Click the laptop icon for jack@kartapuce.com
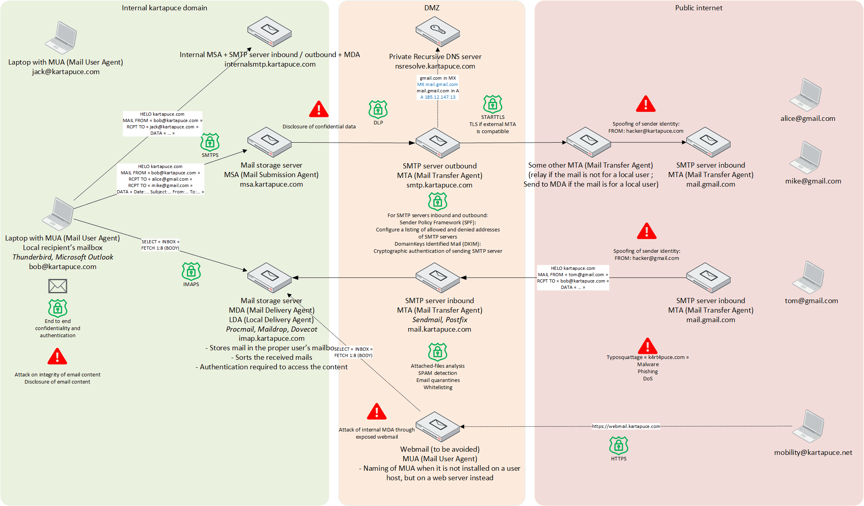coord(61,38)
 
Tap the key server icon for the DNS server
coord(437,31)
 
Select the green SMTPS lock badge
coord(210,142)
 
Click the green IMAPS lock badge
coord(191,271)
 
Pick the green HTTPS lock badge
coord(619,446)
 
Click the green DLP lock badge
coord(378,109)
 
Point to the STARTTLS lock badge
coord(493,104)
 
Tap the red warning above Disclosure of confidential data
coord(319,109)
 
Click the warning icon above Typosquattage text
coord(648,346)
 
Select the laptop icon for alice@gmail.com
coord(806,95)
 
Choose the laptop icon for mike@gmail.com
coord(806,158)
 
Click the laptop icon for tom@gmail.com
coord(808,277)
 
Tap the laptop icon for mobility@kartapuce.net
coord(808,426)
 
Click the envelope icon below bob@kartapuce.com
coord(58,286)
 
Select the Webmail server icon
coord(437,426)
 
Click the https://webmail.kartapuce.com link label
coord(626,426)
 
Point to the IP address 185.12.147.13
coord(440,97)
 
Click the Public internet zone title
coord(699,8)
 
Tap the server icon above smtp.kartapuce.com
coord(437,143)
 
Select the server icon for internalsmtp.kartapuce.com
coord(269,31)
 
